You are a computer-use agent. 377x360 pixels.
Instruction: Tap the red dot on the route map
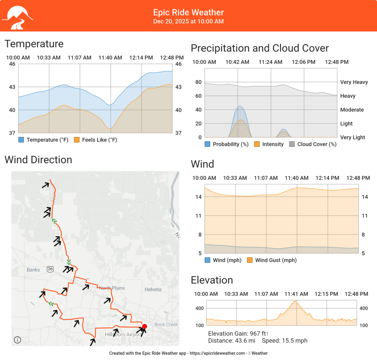(145, 326)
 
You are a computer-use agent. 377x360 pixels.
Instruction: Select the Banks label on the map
(33, 270)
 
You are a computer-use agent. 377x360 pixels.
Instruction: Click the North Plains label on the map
(112, 288)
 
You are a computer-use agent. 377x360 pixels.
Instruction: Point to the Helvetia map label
(153, 289)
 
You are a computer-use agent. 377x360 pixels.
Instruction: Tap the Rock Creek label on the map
(166, 324)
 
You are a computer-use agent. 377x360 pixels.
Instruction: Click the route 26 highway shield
(50, 269)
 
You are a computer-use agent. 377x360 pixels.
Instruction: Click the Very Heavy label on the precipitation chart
(354, 82)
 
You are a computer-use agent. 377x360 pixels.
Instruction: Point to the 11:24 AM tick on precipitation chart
(271, 62)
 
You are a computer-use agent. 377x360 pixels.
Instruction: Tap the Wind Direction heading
(38, 160)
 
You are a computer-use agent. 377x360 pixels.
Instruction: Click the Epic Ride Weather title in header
(188, 13)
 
